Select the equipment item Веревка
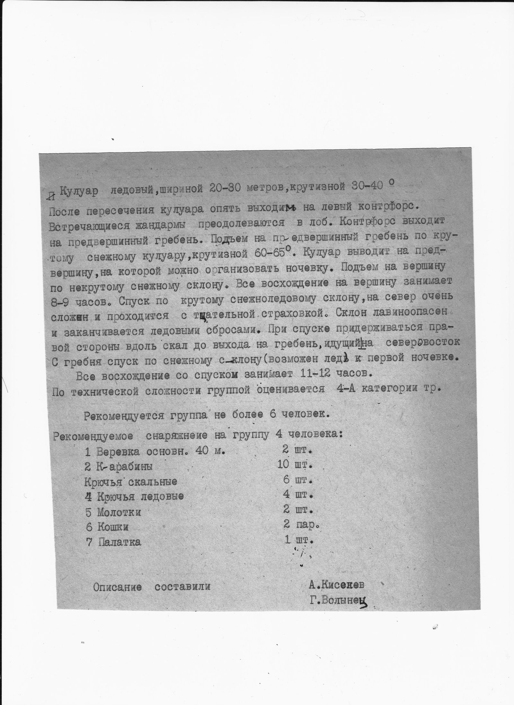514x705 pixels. (x=118, y=452)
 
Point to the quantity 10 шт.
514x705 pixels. (x=295, y=465)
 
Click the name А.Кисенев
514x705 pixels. (x=336, y=585)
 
